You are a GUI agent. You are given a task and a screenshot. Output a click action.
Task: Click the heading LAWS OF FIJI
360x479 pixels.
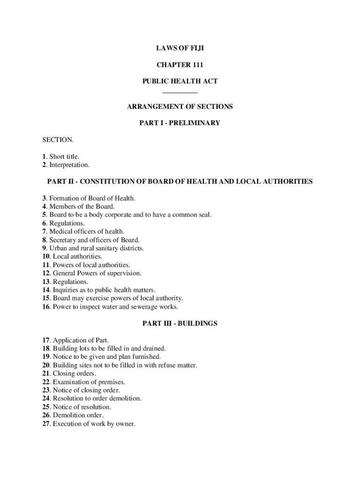(180, 48)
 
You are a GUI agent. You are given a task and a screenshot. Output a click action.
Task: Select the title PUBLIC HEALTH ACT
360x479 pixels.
(180, 81)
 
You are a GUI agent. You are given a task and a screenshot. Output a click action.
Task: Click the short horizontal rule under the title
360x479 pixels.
(180, 93)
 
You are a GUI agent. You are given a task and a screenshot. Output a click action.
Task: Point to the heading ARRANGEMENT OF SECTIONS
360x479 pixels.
(180, 107)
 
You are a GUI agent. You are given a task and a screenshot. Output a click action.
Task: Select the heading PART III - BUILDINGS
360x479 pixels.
(180, 323)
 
